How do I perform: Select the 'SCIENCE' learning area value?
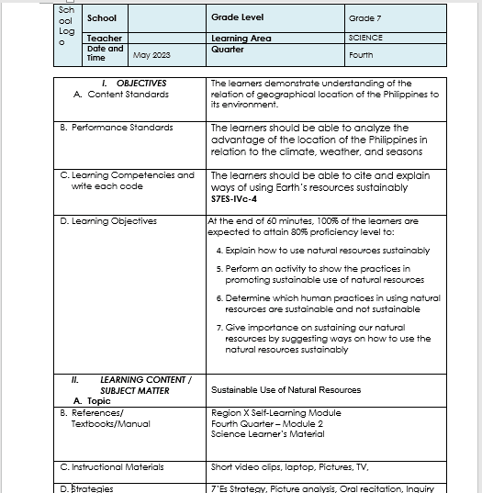click(x=365, y=39)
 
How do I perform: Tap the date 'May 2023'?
click(x=152, y=55)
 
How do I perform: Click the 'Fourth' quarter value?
click(x=361, y=55)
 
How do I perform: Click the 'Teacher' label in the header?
click(x=105, y=39)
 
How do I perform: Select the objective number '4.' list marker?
click(x=219, y=250)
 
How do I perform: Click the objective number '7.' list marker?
click(x=219, y=327)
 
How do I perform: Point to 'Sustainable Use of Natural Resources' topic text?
click(x=286, y=389)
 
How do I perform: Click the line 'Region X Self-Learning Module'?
click(x=275, y=413)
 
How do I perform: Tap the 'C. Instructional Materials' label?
click(x=118, y=466)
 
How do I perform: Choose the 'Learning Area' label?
click(x=241, y=39)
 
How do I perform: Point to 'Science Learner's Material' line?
click(x=267, y=434)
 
